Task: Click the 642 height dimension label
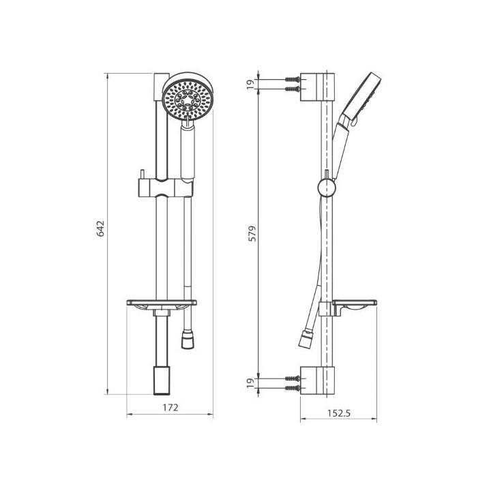tap(100, 228)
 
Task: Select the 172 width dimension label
tap(170, 407)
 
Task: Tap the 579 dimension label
tap(252, 233)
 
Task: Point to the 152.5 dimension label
tap(339, 413)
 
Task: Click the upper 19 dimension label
tap(250, 85)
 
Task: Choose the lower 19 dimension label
tap(250, 383)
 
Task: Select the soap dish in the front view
tap(162, 304)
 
